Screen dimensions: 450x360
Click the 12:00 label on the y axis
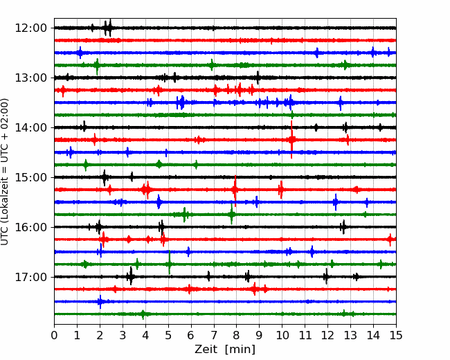(x=30, y=28)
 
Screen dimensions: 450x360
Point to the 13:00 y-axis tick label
(x=30, y=78)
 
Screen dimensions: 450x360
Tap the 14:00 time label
(x=30, y=127)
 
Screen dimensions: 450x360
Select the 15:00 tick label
(x=30, y=177)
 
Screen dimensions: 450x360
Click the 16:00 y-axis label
(x=30, y=227)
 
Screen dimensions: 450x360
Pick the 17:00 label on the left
(x=30, y=277)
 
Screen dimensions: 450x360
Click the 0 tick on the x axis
(x=54, y=335)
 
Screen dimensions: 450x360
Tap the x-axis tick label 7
(x=214, y=335)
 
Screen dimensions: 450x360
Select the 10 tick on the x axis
(x=282, y=335)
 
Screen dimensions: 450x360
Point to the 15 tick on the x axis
(x=396, y=335)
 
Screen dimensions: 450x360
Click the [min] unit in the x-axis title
(x=240, y=350)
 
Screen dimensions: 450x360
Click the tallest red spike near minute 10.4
(x=291, y=140)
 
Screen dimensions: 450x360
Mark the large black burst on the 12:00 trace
(x=107, y=28)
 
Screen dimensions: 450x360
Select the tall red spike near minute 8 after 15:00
(x=235, y=190)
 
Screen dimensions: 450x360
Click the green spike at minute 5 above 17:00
(x=170, y=262)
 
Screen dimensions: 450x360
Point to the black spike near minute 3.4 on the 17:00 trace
(x=131, y=276)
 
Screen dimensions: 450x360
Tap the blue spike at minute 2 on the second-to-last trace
(x=100, y=301)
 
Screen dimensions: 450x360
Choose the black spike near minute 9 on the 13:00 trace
(x=258, y=78)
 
